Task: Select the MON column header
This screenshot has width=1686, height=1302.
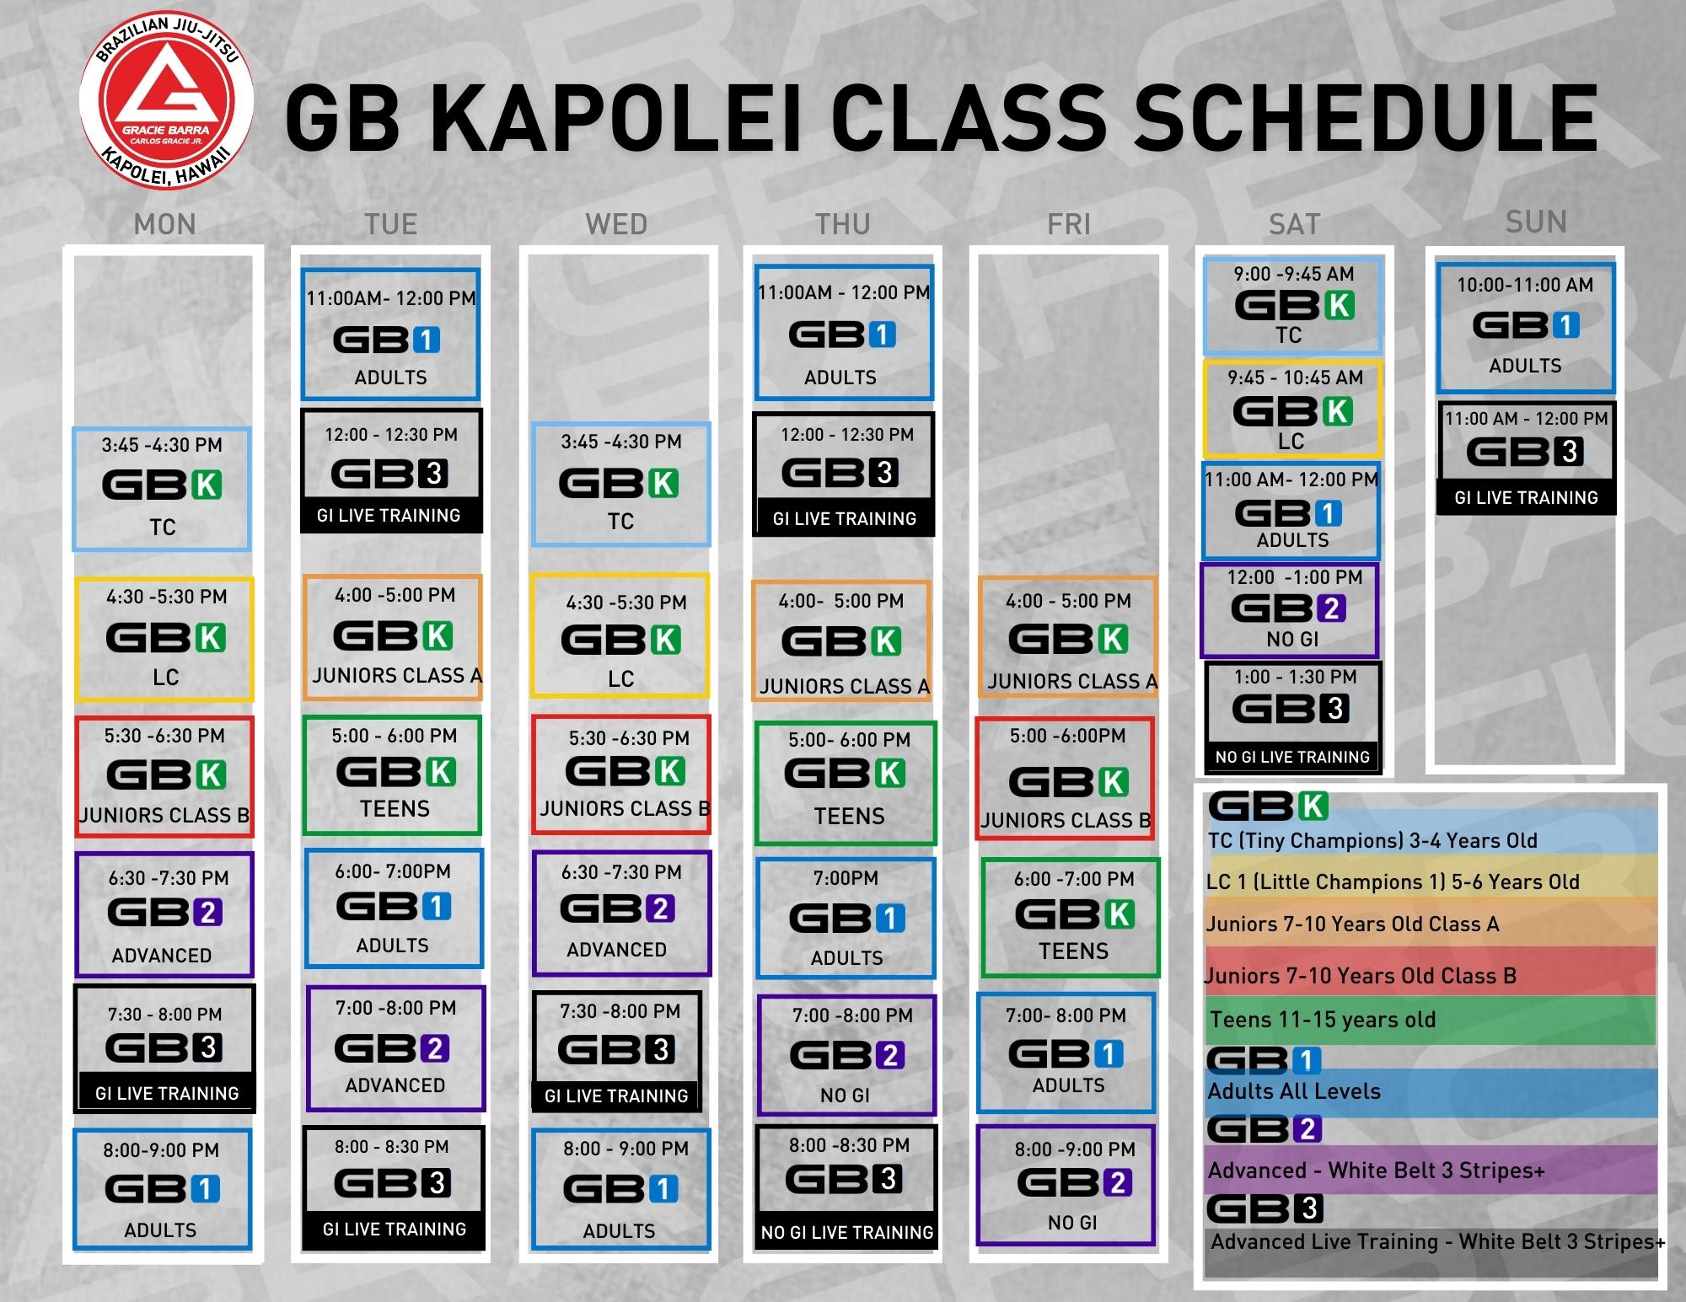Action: (164, 224)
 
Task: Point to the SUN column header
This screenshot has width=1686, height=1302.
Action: (1536, 222)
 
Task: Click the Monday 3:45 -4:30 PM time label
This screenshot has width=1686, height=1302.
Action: (162, 445)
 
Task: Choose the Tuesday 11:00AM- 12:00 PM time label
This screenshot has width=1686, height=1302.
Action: (391, 298)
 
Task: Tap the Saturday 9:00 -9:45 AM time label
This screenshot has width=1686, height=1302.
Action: (1293, 274)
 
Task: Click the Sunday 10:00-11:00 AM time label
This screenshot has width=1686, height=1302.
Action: (1525, 285)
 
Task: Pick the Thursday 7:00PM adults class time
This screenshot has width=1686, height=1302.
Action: (846, 878)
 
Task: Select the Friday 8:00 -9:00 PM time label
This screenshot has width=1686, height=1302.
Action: (1075, 1149)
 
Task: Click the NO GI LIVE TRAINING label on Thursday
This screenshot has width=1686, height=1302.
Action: (847, 1232)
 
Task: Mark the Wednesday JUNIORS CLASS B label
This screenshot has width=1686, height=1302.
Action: (625, 809)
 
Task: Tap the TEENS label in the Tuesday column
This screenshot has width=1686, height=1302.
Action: (395, 809)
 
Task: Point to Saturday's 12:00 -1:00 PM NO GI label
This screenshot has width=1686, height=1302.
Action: (1292, 640)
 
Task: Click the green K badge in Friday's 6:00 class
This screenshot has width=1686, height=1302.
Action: (1120, 914)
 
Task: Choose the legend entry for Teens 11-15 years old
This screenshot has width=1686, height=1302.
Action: (1323, 1020)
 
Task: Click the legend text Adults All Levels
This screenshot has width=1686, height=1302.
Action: (1294, 1091)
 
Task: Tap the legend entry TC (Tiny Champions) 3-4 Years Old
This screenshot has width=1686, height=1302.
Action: (1372, 840)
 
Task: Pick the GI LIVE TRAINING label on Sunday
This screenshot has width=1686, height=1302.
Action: (1526, 498)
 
